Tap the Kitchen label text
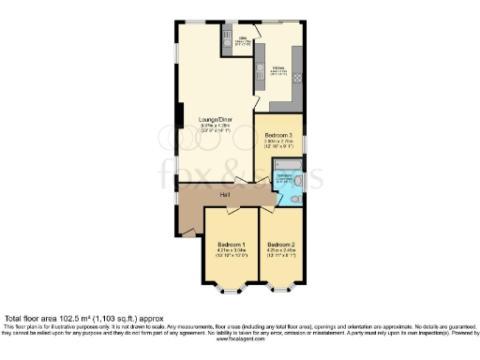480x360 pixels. coord(277,67)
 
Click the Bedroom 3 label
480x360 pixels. coord(278,136)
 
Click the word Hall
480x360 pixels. coord(225,194)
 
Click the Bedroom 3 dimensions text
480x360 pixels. coord(278,143)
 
